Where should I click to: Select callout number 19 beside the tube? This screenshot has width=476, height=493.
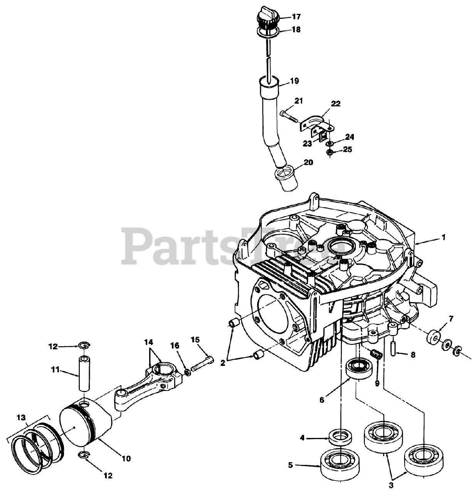click(294, 81)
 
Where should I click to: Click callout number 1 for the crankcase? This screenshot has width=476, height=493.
click(443, 238)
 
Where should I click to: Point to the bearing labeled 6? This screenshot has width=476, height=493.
click(358, 369)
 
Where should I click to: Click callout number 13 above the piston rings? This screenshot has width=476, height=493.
click(22, 417)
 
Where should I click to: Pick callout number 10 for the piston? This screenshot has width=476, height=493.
click(126, 458)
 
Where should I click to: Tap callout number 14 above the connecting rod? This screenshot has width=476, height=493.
click(149, 342)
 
